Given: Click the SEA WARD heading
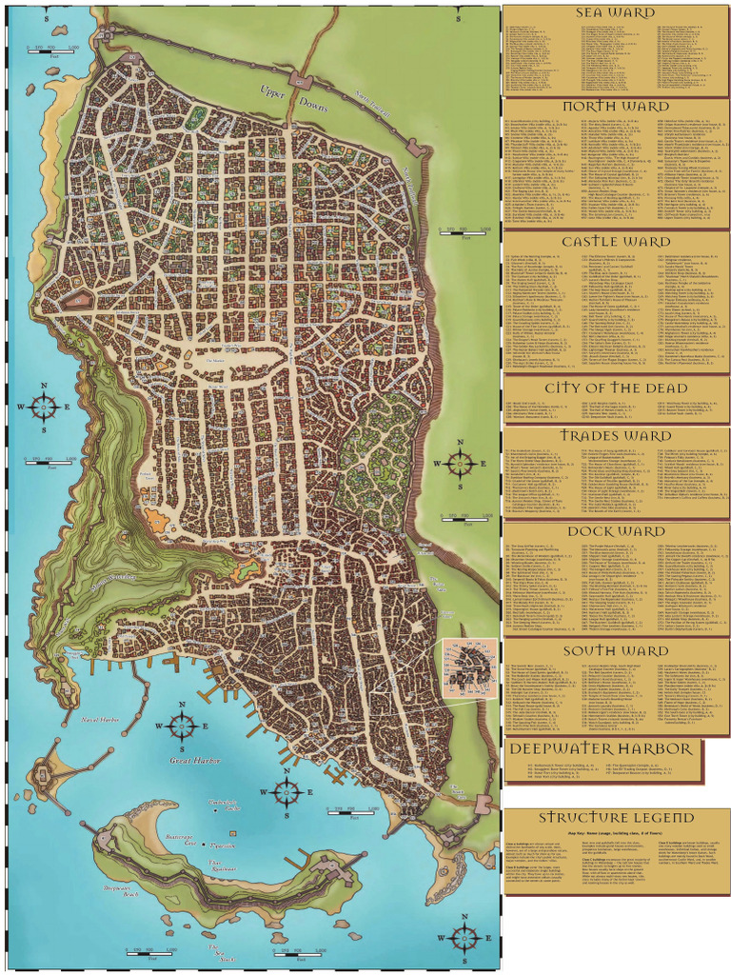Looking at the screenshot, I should (x=616, y=12).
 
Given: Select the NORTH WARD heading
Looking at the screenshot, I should (x=616, y=106).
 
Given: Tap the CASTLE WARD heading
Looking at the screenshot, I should (x=616, y=242).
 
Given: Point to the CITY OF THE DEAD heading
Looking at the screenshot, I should (x=616, y=388).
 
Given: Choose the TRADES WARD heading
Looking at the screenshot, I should (x=616, y=435).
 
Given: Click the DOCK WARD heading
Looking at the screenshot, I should (x=616, y=530).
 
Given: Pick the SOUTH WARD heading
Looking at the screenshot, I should (x=616, y=651).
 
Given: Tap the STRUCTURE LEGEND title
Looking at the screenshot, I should (x=616, y=818).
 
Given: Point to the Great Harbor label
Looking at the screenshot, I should (x=194, y=762).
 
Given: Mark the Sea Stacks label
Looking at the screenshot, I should (x=222, y=954).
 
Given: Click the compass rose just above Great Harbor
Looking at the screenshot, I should (x=182, y=726).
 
